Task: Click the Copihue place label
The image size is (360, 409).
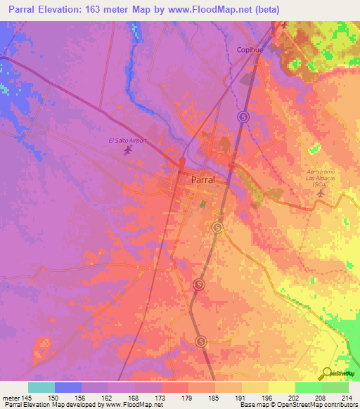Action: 249,50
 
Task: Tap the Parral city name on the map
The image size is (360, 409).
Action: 203,180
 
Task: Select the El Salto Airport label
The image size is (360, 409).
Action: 127,141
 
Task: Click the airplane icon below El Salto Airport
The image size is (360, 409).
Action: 127,150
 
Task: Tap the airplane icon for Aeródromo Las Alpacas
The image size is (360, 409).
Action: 322,192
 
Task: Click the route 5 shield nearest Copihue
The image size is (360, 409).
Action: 243,117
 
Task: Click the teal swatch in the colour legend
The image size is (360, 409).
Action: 41,387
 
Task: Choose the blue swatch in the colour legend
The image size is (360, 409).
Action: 67,387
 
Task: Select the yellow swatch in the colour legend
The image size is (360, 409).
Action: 281,387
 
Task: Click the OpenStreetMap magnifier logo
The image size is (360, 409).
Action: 328,373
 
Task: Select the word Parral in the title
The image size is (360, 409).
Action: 22,10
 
